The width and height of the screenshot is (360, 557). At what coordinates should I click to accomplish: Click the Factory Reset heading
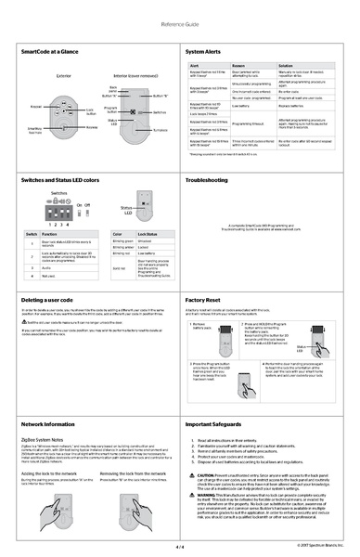205,302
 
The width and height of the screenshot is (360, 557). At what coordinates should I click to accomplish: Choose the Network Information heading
47,424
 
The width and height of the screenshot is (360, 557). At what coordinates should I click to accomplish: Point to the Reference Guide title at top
180,22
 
